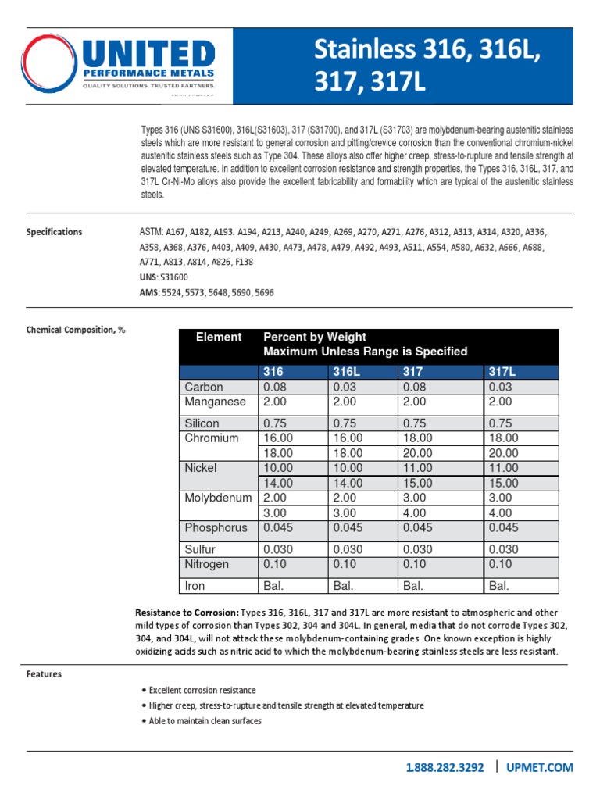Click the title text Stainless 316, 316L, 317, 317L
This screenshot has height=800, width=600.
pos(427,66)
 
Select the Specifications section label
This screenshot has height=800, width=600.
pos(54,232)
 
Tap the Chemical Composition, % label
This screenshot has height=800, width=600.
pos(76,330)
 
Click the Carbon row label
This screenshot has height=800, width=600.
pos(204,387)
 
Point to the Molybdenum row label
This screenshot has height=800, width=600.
pos(219,498)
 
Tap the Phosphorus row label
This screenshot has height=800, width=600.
pos(216,528)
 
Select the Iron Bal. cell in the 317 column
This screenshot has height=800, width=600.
pos(414,585)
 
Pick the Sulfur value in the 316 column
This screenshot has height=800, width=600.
pos(278,549)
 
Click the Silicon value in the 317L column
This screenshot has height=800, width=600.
pos(501,423)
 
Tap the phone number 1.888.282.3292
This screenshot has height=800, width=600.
pos(445,768)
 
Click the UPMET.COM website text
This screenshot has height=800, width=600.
pos(541,768)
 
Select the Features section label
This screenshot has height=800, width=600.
pos(44,673)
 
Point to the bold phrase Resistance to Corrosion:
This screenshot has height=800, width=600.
pos(187,612)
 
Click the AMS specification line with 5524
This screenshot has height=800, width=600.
pos(206,292)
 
